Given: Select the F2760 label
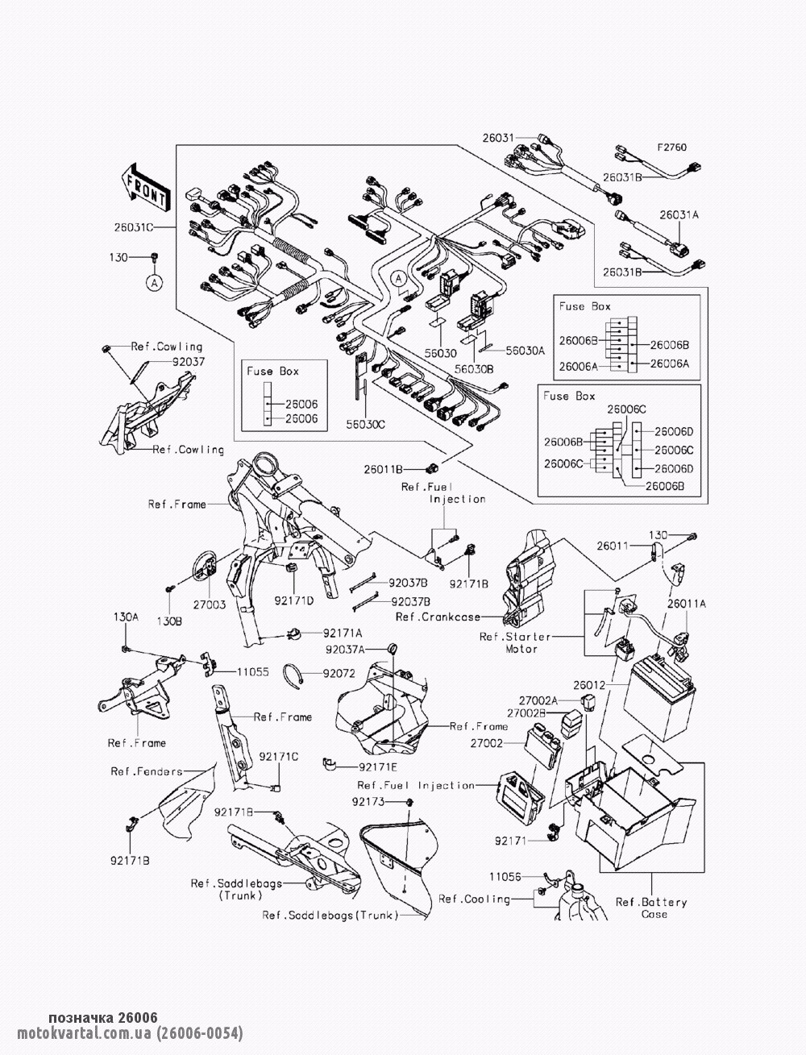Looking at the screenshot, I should (673, 148).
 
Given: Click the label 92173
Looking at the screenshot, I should (368, 802).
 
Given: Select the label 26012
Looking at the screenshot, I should (589, 685).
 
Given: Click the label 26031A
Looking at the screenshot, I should (679, 215).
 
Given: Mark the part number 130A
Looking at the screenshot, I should (125, 617).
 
